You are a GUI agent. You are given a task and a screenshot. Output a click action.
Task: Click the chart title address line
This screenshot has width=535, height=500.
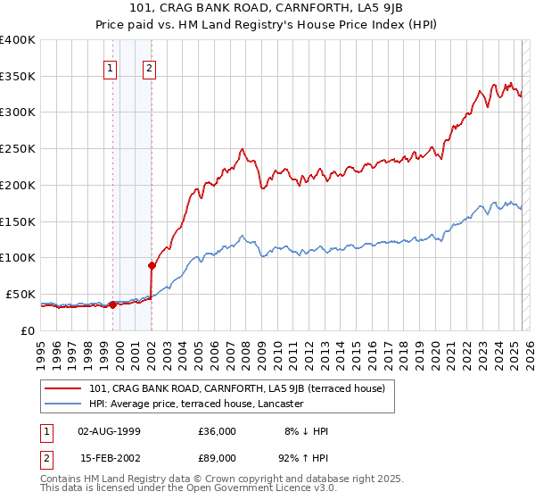pyautogui.click(x=267, y=9)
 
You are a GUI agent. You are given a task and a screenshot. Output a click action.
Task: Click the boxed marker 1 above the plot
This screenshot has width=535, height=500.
pyautogui.click(x=111, y=68)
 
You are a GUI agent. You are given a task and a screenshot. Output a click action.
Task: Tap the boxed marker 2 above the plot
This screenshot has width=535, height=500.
pyautogui.click(x=149, y=68)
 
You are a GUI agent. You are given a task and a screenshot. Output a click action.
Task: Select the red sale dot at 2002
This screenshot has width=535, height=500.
pyautogui.click(x=152, y=265)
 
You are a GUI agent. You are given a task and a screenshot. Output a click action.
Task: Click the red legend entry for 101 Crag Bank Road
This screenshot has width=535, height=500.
pyautogui.click(x=236, y=388)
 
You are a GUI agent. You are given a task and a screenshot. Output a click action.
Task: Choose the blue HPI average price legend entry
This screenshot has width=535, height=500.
pyautogui.click(x=196, y=404)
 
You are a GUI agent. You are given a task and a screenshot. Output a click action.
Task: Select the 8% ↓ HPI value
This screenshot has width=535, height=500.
pyautogui.click(x=306, y=431)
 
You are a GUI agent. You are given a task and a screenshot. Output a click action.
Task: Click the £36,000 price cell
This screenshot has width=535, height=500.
pyautogui.click(x=218, y=431)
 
